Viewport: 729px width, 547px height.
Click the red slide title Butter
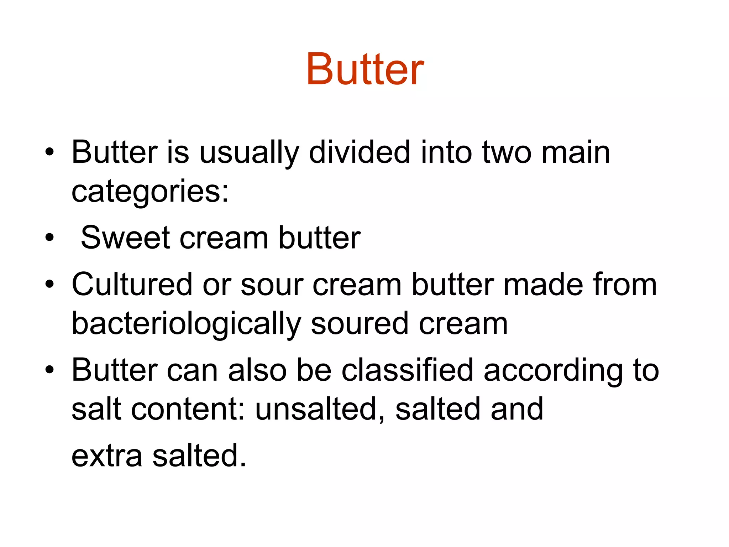365,69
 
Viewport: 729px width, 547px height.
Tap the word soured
360,324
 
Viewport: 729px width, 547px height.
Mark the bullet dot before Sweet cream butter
49,238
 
